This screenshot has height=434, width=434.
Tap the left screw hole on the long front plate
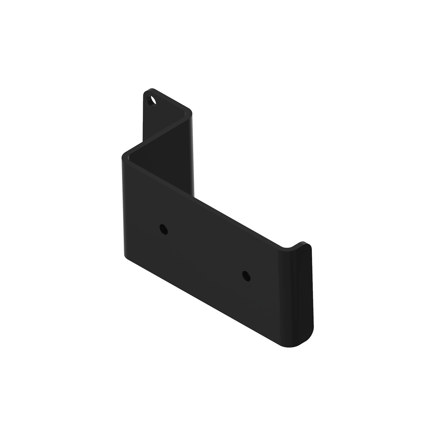click(x=163, y=229)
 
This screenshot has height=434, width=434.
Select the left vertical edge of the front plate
click(x=123, y=206)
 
